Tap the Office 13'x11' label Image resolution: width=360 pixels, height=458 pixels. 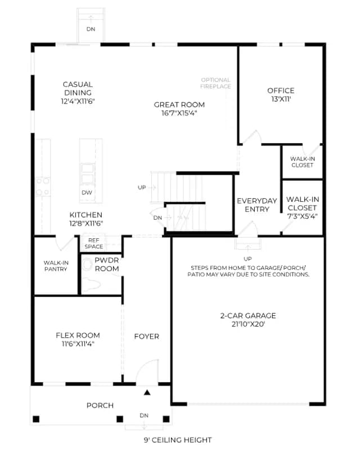(281, 94)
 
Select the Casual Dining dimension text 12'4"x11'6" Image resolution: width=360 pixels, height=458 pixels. (78, 101)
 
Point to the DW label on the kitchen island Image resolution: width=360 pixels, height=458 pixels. (87, 193)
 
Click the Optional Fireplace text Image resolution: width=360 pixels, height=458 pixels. (216, 83)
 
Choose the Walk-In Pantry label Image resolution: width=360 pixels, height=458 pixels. (56, 266)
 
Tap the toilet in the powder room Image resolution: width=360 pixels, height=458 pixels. (92, 284)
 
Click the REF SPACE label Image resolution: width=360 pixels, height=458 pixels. (93, 243)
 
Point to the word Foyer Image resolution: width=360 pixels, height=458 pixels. (146, 337)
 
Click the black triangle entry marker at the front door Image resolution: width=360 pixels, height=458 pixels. (147, 393)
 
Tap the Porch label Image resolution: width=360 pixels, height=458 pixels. (100, 405)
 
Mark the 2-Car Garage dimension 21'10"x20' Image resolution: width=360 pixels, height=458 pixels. (248, 324)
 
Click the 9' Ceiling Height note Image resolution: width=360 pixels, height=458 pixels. (178, 440)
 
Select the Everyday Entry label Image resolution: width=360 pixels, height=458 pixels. (256, 205)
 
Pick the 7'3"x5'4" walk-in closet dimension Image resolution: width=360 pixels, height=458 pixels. (303, 216)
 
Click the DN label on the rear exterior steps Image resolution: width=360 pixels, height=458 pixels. (91, 29)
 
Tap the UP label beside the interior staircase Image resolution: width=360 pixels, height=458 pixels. (142, 188)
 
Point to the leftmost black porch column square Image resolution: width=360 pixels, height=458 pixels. (36, 419)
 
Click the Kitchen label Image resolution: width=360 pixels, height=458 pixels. (86, 215)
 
